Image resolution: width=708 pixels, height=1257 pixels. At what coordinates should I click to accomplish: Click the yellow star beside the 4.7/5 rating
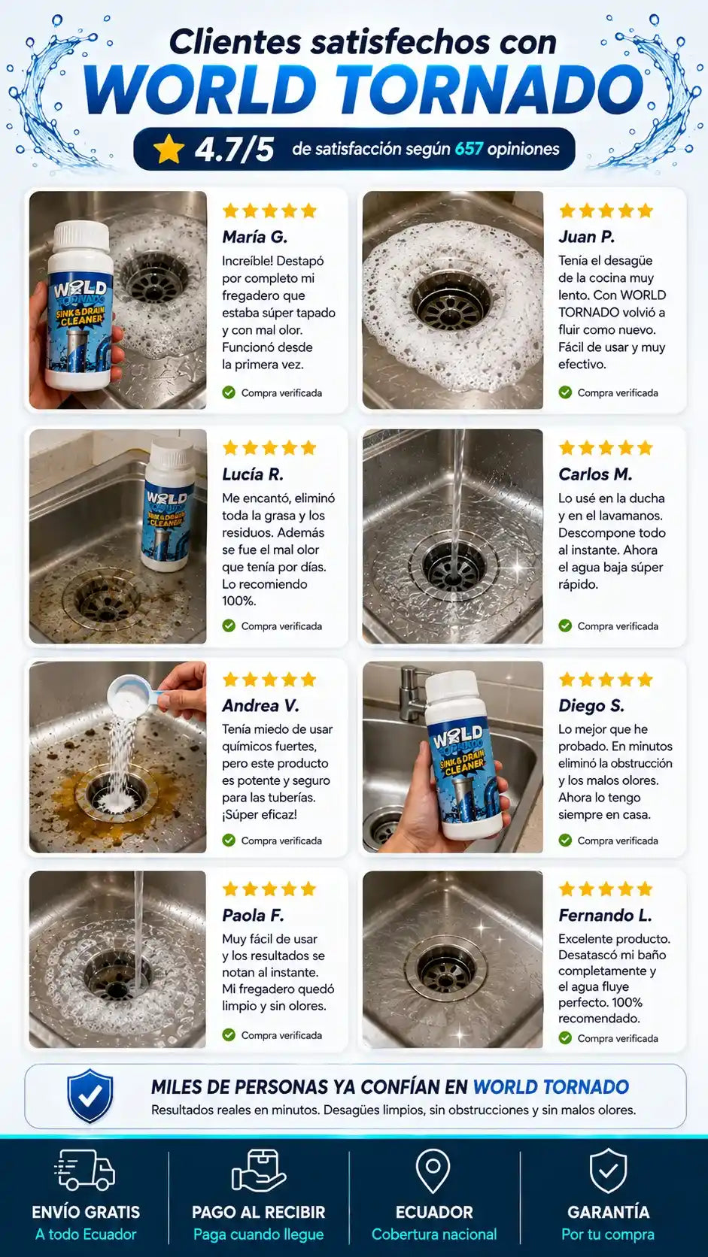click(169, 150)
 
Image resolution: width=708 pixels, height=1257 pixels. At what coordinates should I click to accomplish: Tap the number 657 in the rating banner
click(469, 149)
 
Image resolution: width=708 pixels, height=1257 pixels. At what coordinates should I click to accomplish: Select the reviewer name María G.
click(254, 238)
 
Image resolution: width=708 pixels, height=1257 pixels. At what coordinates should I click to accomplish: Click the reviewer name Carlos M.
click(595, 474)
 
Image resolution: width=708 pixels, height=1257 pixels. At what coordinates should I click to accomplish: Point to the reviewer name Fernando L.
click(605, 916)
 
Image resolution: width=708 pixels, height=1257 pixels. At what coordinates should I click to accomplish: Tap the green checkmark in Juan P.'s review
click(565, 392)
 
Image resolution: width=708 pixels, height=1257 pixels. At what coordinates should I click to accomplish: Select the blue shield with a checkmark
click(90, 1096)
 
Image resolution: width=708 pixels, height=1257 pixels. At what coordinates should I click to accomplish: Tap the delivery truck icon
click(85, 1170)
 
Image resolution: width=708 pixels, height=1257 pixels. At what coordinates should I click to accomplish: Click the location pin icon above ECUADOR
click(433, 1171)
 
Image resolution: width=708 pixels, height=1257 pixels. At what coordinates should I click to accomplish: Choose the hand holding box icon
click(258, 1171)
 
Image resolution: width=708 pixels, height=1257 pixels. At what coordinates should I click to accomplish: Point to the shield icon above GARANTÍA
click(608, 1170)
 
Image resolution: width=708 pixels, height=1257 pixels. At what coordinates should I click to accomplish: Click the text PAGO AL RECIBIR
click(258, 1212)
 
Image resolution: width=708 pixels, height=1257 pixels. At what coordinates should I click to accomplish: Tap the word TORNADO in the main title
click(492, 89)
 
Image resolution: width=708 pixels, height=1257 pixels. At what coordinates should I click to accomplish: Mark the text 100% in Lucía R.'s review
click(239, 601)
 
